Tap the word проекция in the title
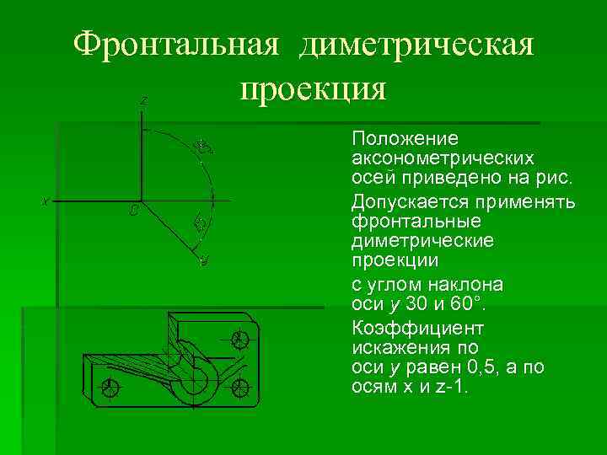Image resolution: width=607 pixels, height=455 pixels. tap(313, 88)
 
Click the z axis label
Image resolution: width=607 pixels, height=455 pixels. tap(144, 101)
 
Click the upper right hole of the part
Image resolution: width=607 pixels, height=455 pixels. tap(239, 339)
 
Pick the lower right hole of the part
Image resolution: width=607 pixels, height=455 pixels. tap(241, 388)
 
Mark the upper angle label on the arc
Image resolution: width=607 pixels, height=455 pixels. tap(202, 147)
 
